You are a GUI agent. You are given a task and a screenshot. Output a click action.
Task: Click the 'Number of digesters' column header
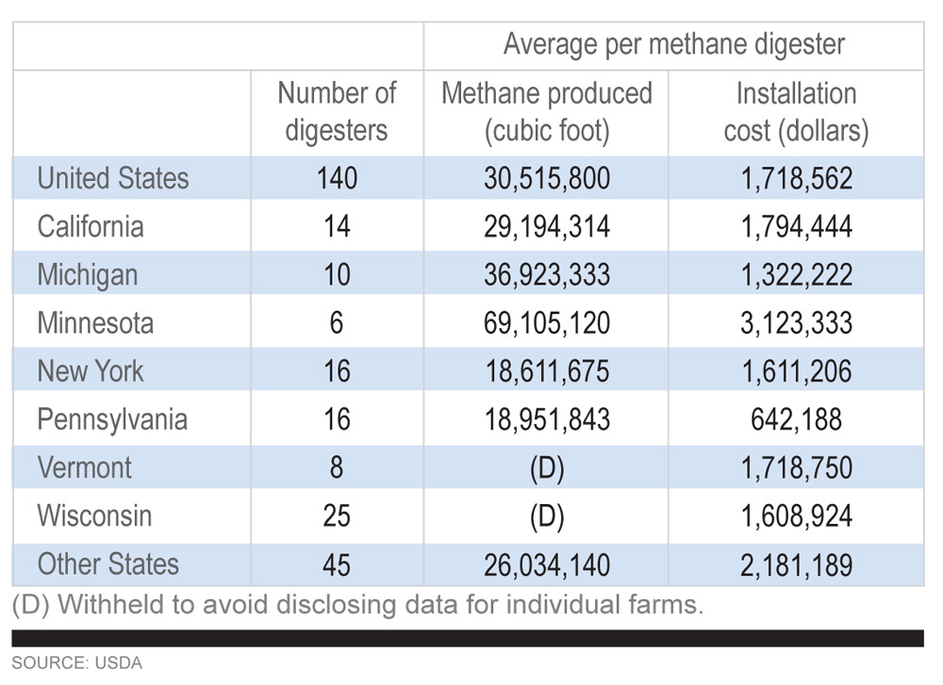point(337,111)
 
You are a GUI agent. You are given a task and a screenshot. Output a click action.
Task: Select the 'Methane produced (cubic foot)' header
point(547,111)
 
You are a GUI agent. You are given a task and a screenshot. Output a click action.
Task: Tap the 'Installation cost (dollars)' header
point(796,111)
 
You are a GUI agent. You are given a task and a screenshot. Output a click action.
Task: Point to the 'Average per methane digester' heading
point(673,44)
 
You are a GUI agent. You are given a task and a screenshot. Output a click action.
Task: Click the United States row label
point(113,178)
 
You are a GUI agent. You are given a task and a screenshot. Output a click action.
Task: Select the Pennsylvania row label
point(112,419)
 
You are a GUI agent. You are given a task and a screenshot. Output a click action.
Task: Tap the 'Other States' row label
point(108,564)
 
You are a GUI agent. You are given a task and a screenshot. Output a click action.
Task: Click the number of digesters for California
point(337,227)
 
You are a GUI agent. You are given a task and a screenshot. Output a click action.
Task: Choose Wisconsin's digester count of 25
point(337,516)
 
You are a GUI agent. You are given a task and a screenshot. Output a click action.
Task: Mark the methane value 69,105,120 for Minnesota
point(547,323)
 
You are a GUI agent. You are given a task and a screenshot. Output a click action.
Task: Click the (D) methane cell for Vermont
point(547,468)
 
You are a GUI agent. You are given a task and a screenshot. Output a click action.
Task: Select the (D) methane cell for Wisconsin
point(547,516)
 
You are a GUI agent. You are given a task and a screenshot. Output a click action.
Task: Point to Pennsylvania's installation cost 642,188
point(796,419)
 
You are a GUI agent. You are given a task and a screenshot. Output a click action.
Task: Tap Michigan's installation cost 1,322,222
point(796,275)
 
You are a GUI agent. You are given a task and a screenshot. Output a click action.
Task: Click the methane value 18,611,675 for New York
point(547,371)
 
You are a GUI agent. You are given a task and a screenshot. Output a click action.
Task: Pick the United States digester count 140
point(337,178)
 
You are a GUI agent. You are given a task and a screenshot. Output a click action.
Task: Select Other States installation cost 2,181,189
point(796,565)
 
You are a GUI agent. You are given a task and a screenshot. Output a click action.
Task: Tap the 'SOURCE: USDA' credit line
point(76,663)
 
